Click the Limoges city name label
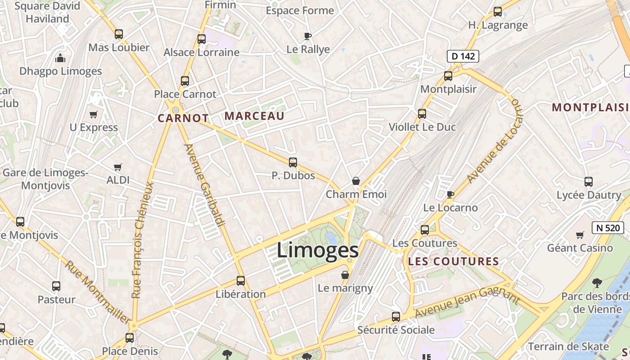click(x=317, y=250)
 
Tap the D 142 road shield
click(x=463, y=56)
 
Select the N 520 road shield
click(x=608, y=228)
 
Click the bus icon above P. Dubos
click(x=293, y=162)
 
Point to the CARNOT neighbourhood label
click(x=183, y=118)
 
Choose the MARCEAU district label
click(x=254, y=116)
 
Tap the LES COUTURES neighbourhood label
click(x=453, y=261)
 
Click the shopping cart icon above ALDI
click(x=118, y=167)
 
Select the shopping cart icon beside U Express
click(x=93, y=114)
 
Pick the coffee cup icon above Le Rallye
click(x=308, y=36)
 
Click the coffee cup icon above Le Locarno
click(x=450, y=194)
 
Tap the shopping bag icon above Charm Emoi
click(x=356, y=181)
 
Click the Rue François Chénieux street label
click(x=143, y=239)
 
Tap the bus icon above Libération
click(x=241, y=281)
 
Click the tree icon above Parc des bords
click(x=597, y=283)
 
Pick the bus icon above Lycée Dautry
click(x=589, y=182)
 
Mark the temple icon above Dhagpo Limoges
click(x=60, y=58)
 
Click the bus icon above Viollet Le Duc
click(x=422, y=114)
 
